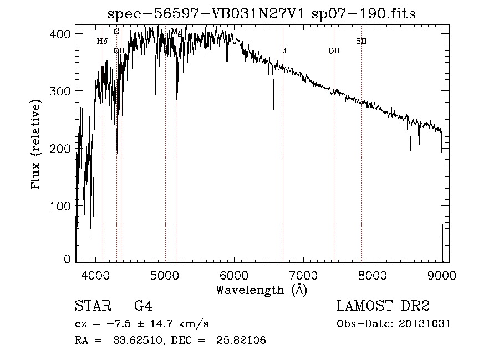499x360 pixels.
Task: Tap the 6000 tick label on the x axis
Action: [234, 274]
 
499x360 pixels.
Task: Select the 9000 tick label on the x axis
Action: [442, 274]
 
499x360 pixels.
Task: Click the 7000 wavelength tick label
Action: [303, 274]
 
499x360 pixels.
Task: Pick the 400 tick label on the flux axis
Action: [62, 34]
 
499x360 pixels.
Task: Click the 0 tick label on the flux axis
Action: [67, 259]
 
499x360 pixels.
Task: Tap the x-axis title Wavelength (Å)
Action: [261, 290]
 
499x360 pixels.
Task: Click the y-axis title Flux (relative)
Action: [37, 146]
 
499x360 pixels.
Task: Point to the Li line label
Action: [283, 50]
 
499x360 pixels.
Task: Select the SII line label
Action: [361, 40]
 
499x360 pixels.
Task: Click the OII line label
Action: [334, 50]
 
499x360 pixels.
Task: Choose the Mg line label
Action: [177, 32]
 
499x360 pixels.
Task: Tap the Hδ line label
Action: [102, 40]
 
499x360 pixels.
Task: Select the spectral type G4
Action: [143, 306]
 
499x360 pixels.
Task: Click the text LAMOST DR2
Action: [383, 306]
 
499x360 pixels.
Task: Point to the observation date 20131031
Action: [425, 323]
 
